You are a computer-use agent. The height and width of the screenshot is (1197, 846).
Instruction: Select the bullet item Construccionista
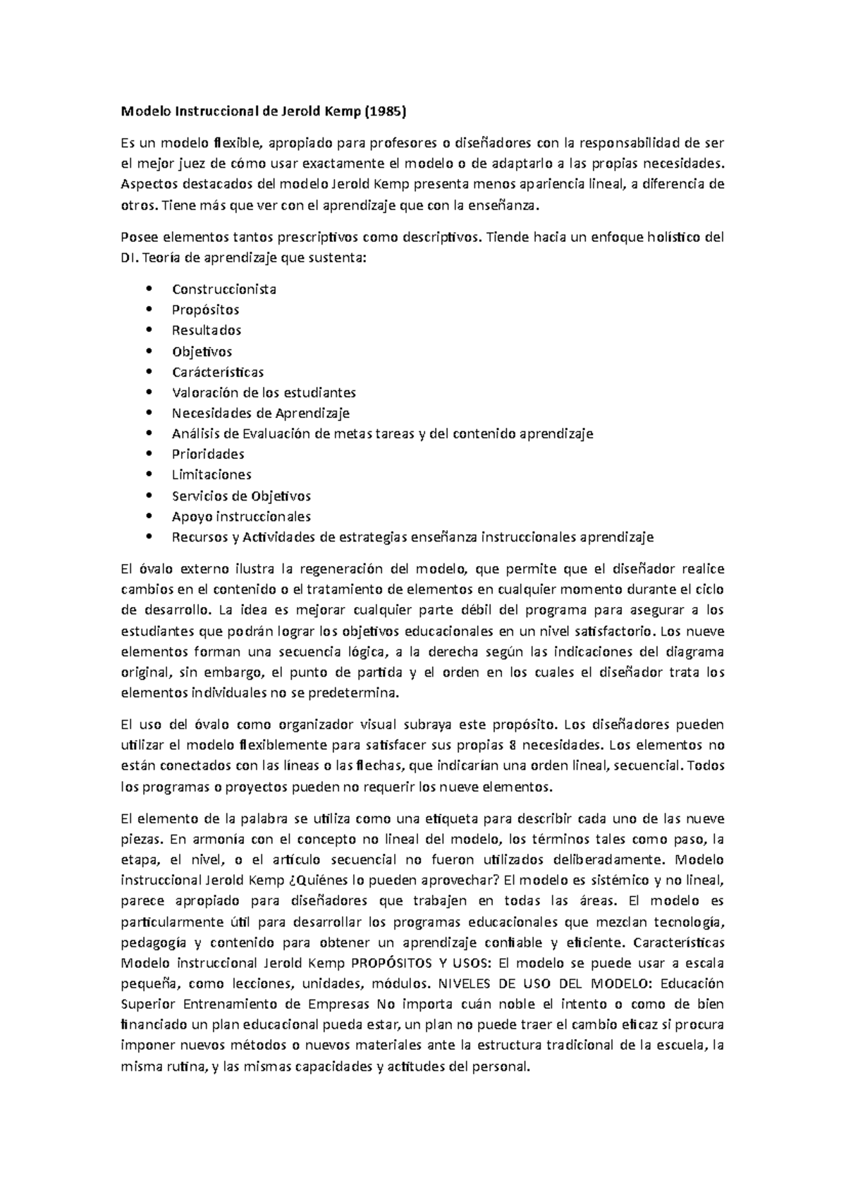(x=223, y=289)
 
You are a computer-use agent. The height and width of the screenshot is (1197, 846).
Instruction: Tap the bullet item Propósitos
(x=205, y=309)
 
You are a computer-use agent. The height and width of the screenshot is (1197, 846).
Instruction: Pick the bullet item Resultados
(x=207, y=330)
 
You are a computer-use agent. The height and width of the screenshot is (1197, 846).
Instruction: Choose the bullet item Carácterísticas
(x=218, y=372)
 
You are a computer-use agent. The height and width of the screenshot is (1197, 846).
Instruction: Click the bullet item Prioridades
(x=208, y=454)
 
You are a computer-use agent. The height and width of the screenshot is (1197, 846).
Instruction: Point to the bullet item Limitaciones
(x=211, y=474)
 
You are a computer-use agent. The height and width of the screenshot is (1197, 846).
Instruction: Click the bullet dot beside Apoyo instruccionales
(x=147, y=516)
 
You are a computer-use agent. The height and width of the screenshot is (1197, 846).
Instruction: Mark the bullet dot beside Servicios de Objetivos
(x=147, y=496)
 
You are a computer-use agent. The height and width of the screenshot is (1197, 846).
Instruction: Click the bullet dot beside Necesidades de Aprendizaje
(x=147, y=413)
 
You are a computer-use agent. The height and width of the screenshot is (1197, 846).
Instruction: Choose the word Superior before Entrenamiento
(x=148, y=1004)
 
